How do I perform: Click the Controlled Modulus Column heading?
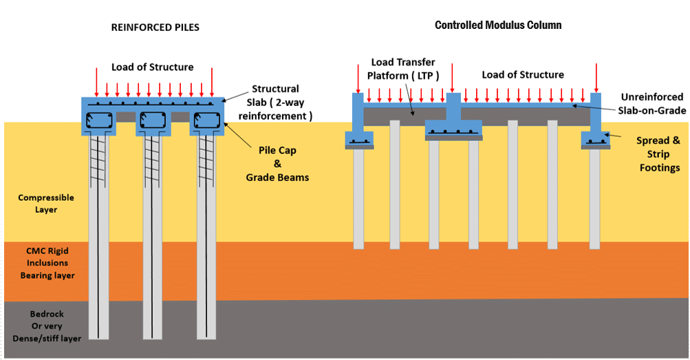(498, 25)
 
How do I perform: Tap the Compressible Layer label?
(45, 203)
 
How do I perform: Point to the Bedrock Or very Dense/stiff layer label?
(47, 326)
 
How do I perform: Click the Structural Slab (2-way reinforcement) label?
(275, 103)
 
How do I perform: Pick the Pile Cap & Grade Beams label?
(277, 163)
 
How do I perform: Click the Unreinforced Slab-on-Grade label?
(653, 104)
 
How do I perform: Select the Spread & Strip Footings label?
(658, 153)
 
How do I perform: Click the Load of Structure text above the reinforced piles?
(153, 67)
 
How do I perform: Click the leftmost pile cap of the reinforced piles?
(99, 121)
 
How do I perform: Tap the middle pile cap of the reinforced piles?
(153, 121)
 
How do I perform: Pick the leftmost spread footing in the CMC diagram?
(358, 141)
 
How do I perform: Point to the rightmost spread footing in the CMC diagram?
(595, 140)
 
